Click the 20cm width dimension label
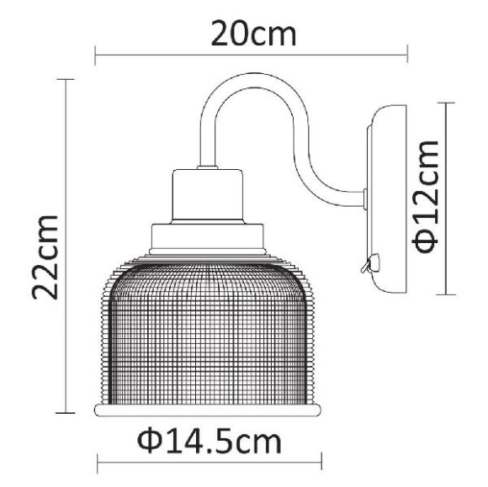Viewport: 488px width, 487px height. [253, 34]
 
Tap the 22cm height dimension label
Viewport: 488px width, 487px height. [45, 257]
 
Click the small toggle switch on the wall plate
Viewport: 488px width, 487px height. [370, 263]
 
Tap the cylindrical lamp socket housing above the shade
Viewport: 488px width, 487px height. [208, 196]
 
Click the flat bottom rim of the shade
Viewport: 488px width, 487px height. [208, 410]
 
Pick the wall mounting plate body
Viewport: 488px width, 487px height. [388, 199]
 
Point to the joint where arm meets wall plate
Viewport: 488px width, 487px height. [365, 199]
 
